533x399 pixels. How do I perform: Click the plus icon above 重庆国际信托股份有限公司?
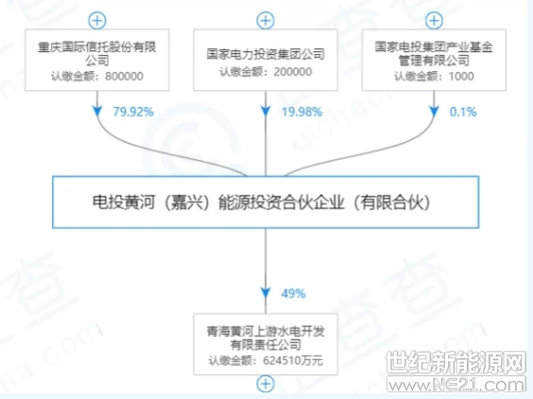97,21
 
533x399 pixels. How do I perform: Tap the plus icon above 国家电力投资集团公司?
266,21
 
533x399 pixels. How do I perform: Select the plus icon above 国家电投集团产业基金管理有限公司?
434,21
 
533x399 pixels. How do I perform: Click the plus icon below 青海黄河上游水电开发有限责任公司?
266,384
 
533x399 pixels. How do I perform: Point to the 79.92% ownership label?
133,112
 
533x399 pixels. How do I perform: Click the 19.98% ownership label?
301,112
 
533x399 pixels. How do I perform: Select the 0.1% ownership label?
463,112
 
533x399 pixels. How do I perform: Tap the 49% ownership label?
293,293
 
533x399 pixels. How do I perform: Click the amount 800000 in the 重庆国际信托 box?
124,77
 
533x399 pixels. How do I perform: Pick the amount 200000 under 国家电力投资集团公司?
293,72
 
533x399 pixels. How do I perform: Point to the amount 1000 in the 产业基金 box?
461,77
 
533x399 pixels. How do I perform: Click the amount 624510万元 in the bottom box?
293,360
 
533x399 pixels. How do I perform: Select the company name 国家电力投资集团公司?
266,54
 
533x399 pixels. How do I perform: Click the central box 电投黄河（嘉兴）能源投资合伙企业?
266,202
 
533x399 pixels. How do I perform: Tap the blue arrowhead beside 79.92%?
97,112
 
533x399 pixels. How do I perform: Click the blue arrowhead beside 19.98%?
266,112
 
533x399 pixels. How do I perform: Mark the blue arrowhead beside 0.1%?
434,112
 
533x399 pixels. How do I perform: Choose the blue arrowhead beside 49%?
266,293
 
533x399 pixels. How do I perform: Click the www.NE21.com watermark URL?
456,385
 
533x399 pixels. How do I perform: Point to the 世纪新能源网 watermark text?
456,363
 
